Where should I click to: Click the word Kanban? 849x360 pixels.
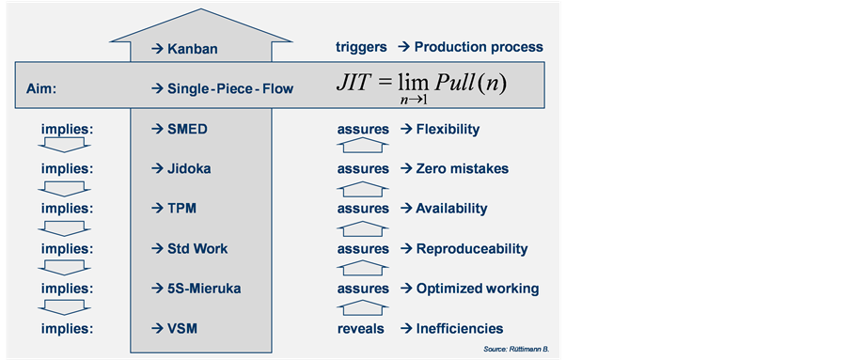[192, 49]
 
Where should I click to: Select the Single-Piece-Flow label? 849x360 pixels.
[230, 88]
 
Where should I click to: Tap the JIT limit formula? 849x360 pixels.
[422, 86]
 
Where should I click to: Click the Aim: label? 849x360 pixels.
[41, 88]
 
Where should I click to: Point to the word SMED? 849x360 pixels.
[187, 130]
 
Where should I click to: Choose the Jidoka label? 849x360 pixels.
[189, 169]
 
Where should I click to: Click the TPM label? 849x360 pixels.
[182, 209]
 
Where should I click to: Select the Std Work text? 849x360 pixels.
[197, 248]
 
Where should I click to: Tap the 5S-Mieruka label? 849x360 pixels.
[204, 289]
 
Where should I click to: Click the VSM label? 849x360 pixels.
[182, 329]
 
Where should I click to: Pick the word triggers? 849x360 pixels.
[361, 48]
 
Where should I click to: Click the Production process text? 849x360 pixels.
[479, 48]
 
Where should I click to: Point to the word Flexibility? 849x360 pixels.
[448, 130]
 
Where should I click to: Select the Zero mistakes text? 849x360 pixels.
[463, 169]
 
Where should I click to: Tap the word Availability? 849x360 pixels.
[451, 209]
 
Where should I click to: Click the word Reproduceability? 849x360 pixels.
[472, 249]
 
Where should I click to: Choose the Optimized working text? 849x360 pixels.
[478, 290]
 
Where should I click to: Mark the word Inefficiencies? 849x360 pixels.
[460, 329]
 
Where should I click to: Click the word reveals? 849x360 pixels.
[361, 329]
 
